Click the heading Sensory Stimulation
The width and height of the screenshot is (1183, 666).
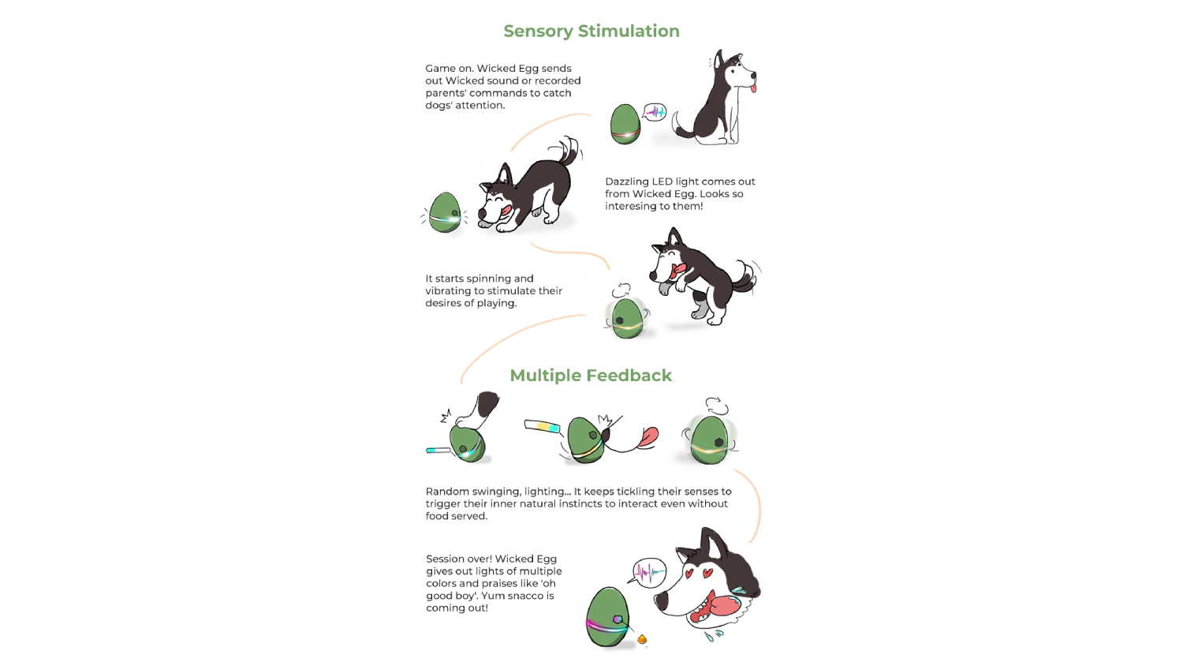[591, 32]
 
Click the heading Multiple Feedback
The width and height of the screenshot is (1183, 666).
[591, 376]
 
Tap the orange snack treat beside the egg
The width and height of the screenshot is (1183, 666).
[642, 640]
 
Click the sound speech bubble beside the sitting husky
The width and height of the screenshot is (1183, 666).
[655, 112]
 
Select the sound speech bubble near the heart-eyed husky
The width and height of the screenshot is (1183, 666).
[649, 572]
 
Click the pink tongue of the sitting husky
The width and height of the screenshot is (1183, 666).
[753, 87]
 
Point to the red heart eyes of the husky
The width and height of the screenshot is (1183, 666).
[696, 574]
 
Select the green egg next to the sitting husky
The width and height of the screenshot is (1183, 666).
[625, 124]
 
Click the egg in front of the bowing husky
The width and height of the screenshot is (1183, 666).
[445, 212]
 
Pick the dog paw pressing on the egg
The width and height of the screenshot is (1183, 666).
[477, 412]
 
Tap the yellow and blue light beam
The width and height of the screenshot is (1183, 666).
[542, 425]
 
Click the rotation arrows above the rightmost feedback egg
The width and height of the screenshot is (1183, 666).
[717, 406]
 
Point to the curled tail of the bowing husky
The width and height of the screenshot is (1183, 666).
[569, 152]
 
